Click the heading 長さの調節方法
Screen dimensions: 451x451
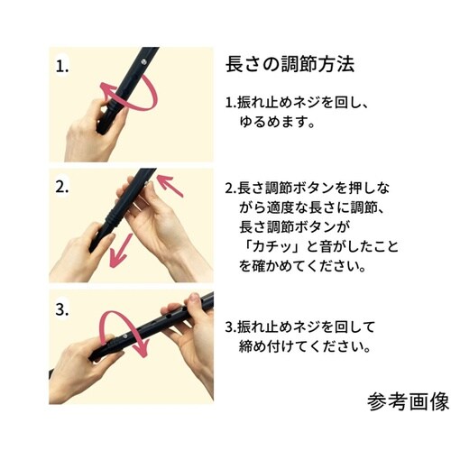pyautogui.click(x=289, y=65)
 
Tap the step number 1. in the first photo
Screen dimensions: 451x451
pyautogui.click(x=62, y=66)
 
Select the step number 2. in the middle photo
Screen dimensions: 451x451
pyautogui.click(x=62, y=188)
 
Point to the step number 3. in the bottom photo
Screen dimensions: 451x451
pyautogui.click(x=62, y=308)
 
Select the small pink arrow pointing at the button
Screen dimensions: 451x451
pyautogui.click(x=169, y=187)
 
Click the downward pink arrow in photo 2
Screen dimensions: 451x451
pyautogui.click(x=119, y=250)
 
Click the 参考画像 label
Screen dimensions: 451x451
pyautogui.click(x=407, y=401)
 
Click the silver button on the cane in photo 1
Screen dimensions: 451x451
pyautogui.click(x=144, y=60)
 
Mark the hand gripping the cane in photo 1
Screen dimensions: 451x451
pyautogui.click(x=95, y=135)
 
